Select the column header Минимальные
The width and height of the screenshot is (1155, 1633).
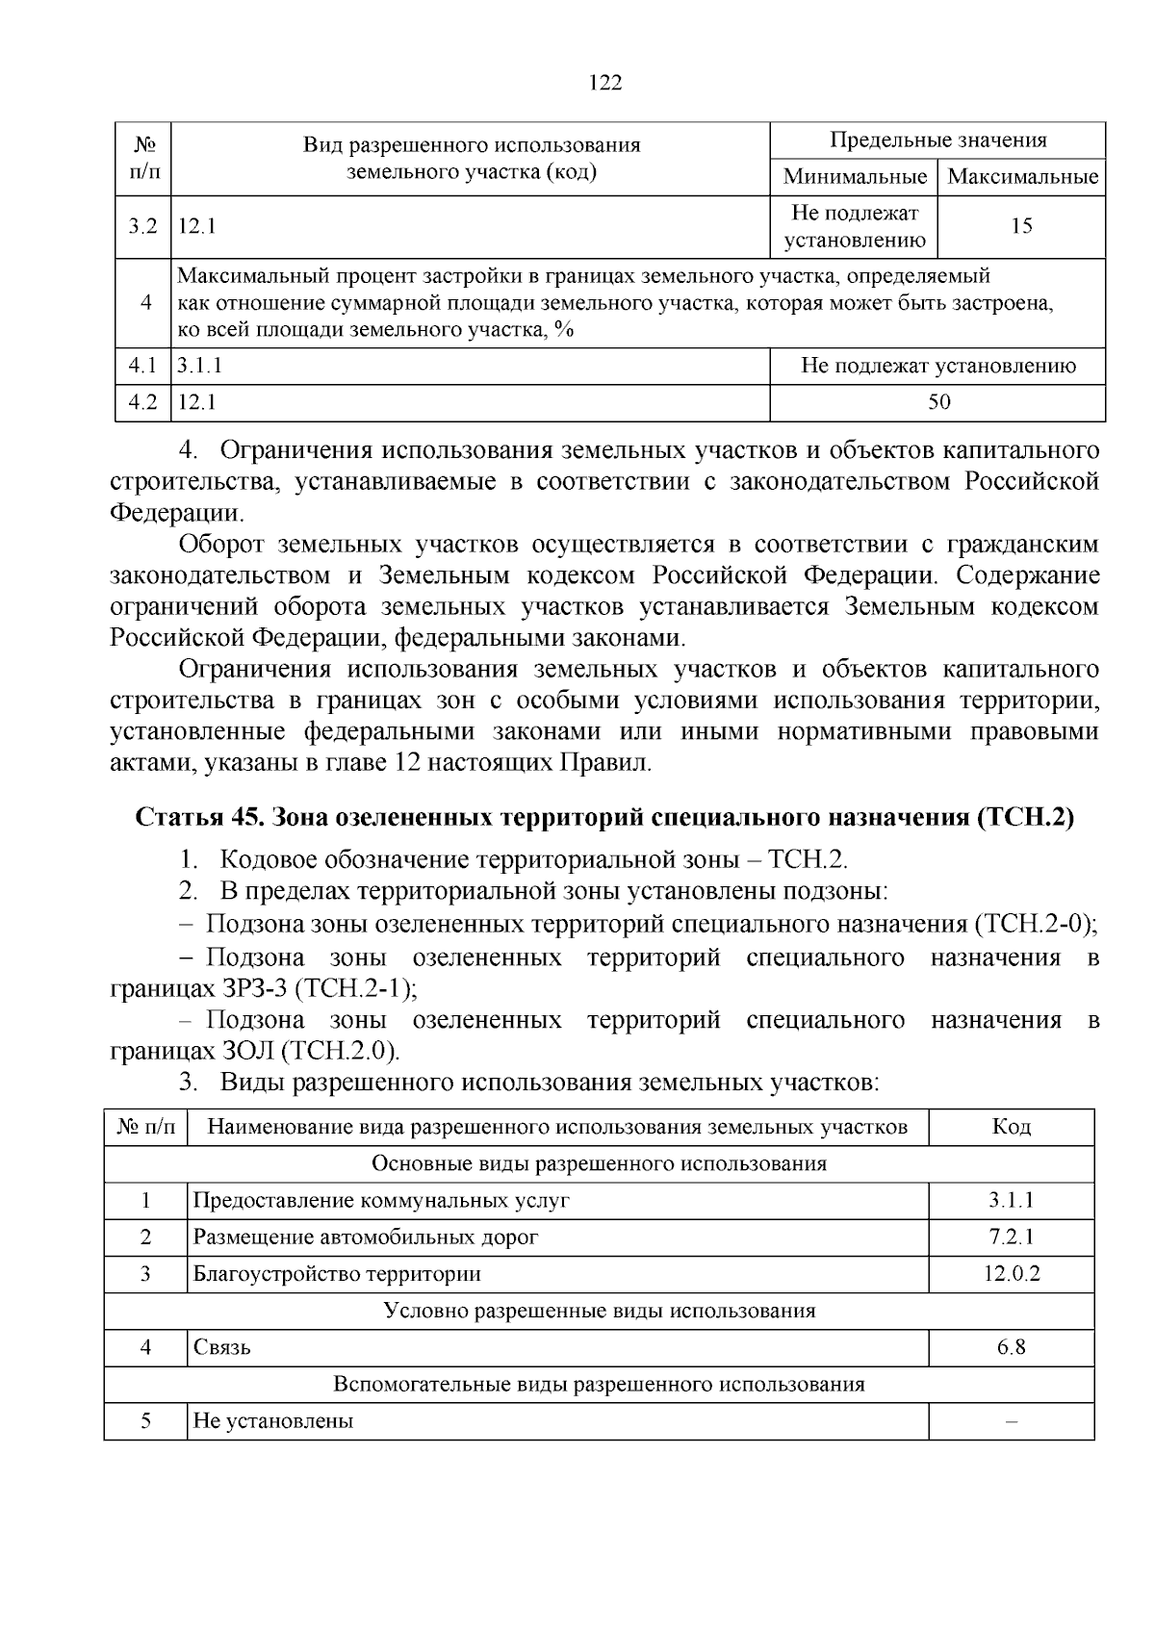click(854, 177)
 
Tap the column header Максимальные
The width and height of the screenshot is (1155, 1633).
click(1022, 177)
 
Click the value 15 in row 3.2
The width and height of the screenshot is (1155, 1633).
click(1021, 226)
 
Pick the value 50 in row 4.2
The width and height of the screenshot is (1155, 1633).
click(938, 402)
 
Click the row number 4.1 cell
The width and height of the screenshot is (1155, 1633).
click(142, 366)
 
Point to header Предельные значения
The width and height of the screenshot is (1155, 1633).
click(938, 140)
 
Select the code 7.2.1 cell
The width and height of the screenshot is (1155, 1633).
click(1011, 1238)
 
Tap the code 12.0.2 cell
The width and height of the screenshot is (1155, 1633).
click(1011, 1274)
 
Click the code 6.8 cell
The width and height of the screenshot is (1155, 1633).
click(1011, 1347)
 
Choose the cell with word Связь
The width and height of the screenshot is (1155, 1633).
click(222, 1347)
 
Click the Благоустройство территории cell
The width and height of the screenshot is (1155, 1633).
click(337, 1274)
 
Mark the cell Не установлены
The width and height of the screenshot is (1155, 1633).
click(273, 1421)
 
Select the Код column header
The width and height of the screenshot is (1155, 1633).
click(1011, 1127)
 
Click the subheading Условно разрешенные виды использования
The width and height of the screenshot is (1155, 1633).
click(599, 1311)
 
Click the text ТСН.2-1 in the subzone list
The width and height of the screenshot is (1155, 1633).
click(354, 988)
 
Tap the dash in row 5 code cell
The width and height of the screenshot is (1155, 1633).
click(1011, 1421)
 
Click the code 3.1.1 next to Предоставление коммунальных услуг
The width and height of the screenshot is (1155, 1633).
click(1011, 1201)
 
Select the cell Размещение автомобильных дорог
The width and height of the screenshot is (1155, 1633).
click(366, 1238)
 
